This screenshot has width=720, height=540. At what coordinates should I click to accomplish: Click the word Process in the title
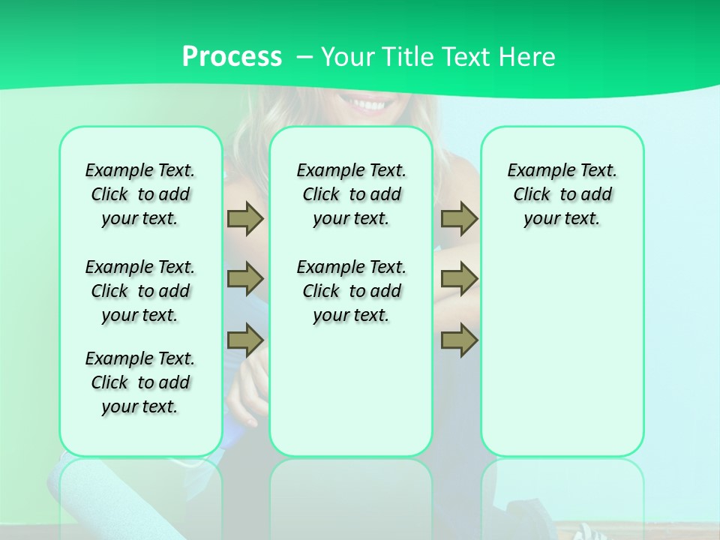pyautogui.click(x=232, y=57)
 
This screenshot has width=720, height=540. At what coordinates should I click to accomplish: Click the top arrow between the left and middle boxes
pyautogui.click(x=245, y=218)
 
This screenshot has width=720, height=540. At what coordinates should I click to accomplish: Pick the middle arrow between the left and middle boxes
pyautogui.click(x=245, y=279)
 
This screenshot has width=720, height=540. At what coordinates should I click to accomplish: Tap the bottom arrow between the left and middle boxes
pyautogui.click(x=245, y=340)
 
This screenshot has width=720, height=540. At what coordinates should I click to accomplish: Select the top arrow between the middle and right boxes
pyautogui.click(x=459, y=218)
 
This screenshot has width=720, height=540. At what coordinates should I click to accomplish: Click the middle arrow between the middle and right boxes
pyautogui.click(x=459, y=279)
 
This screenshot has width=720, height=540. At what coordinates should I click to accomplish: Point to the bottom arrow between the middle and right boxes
pyautogui.click(x=459, y=340)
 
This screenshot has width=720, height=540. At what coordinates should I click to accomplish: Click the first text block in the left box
pyautogui.click(x=140, y=194)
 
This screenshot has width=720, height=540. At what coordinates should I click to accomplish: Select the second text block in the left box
pyautogui.click(x=140, y=291)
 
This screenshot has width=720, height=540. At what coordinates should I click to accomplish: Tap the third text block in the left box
pyautogui.click(x=140, y=382)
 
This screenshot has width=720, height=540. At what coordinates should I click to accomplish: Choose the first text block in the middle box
pyautogui.click(x=351, y=194)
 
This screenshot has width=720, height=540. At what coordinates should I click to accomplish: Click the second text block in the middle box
pyautogui.click(x=351, y=291)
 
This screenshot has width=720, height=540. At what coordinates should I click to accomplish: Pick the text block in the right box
pyautogui.click(x=562, y=194)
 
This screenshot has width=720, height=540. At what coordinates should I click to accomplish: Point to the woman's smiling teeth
pyautogui.click(x=367, y=103)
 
